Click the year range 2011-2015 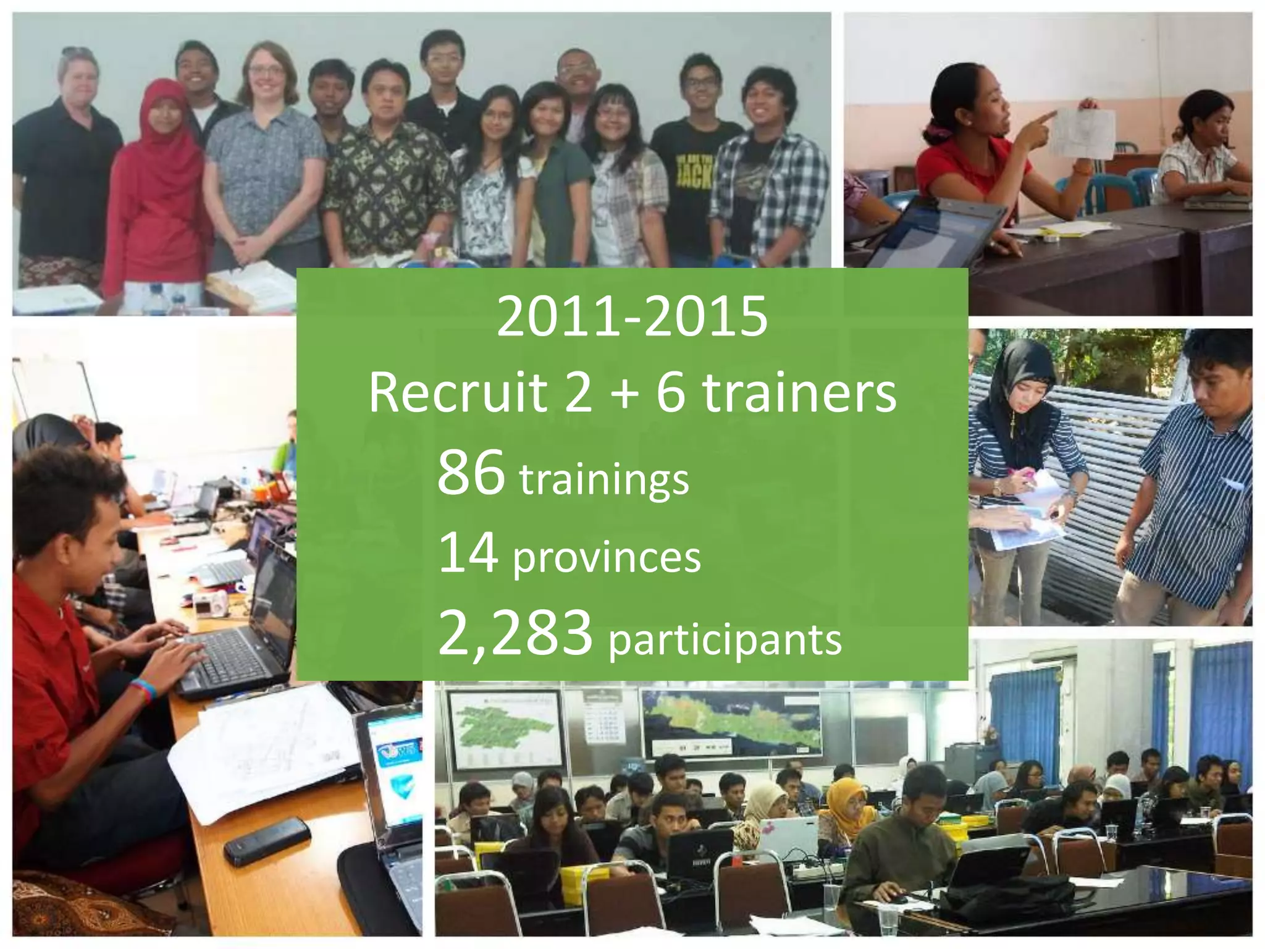(x=632, y=316)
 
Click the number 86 (x=471, y=473)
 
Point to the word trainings (x=604, y=479)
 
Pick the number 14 (x=468, y=552)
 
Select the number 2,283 (x=515, y=633)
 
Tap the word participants (x=725, y=639)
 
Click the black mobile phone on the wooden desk (x=266, y=840)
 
